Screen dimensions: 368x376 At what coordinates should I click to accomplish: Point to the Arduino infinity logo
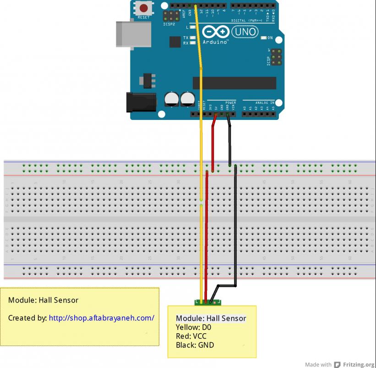tap(215, 32)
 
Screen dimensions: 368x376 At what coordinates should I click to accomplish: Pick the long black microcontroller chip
tap(234, 83)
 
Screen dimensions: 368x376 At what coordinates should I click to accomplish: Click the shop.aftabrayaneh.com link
tap(101, 318)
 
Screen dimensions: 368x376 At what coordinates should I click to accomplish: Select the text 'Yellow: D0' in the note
tap(193, 327)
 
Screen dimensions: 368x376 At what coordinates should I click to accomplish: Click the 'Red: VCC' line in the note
tap(191, 336)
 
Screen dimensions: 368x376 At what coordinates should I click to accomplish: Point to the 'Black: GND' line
tap(195, 345)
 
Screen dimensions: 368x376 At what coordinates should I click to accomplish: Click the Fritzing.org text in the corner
tap(359, 364)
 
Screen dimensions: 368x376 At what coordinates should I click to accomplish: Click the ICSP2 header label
tap(168, 24)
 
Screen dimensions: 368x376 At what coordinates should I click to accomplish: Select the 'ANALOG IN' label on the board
tap(265, 103)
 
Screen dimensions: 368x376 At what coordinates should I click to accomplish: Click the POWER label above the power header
tap(231, 103)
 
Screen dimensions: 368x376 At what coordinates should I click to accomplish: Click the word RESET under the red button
tap(143, 17)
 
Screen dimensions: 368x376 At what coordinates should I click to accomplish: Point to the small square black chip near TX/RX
tap(175, 42)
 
